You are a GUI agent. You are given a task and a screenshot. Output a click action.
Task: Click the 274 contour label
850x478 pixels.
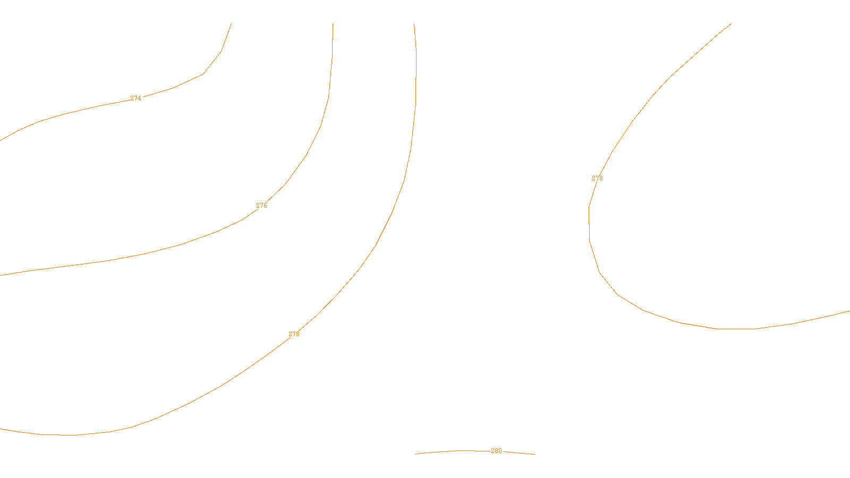coord(135,98)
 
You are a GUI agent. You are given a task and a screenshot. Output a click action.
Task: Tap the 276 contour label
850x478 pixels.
coord(261,206)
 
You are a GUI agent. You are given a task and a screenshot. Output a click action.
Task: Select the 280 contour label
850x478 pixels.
coord(496,451)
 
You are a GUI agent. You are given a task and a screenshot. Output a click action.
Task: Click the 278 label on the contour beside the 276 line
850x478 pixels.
coord(294,334)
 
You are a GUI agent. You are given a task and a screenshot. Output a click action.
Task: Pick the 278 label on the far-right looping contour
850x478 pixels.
coord(597,178)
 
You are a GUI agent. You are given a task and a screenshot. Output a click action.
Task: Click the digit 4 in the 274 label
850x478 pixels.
coord(139,98)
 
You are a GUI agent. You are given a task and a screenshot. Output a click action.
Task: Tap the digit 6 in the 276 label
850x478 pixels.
coord(265,206)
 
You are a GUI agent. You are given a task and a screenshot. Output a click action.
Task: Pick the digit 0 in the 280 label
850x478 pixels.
coord(499,451)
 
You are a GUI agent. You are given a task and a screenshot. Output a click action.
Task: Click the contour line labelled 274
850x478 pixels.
coord(64,114)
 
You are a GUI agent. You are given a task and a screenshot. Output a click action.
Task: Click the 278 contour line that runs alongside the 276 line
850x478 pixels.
coord(392,214)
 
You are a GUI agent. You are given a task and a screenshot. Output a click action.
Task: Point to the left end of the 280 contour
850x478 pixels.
coord(415,454)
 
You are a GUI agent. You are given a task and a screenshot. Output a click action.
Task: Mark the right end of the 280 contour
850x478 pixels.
coord(534,454)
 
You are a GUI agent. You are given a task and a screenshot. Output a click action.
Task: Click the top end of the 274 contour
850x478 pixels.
coord(231,24)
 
